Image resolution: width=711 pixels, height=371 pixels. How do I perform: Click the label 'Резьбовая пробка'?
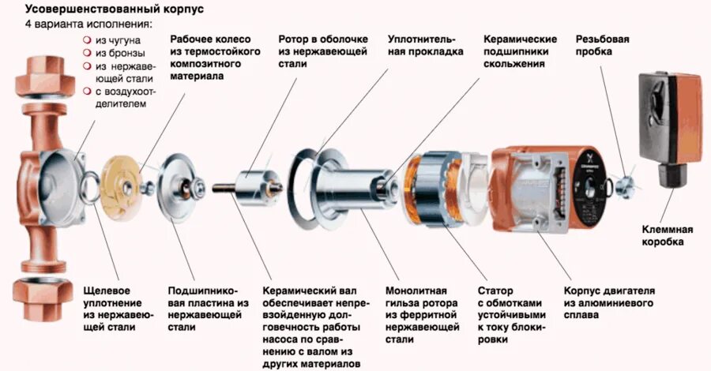[602, 45]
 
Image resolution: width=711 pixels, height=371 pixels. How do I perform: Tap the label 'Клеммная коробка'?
[667, 235]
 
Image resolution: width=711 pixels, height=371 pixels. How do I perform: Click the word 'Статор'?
[495, 290]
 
